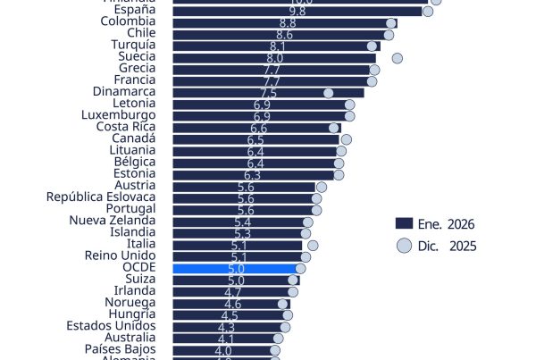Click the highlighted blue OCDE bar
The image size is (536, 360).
click(x=234, y=268)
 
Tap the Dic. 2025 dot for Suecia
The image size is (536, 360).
click(x=397, y=58)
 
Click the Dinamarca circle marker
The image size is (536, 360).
click(x=329, y=93)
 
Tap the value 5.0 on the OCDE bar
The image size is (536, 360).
click(x=237, y=268)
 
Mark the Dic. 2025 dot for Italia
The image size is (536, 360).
click(x=313, y=245)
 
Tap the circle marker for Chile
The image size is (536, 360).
click(x=389, y=35)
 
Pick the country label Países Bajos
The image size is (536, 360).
click(x=121, y=350)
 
